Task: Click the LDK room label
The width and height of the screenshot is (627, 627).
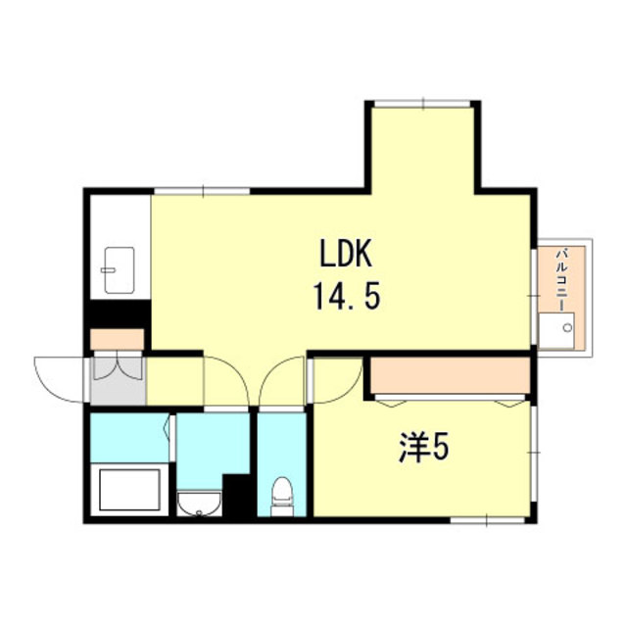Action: [x=346, y=253]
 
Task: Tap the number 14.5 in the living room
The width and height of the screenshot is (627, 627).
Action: [x=346, y=296]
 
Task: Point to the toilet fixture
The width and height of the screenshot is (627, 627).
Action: [x=282, y=497]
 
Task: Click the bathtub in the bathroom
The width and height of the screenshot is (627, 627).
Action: [x=129, y=490]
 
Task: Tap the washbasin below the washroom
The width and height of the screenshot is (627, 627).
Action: [x=199, y=503]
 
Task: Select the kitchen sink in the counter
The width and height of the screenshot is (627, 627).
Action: [x=119, y=270]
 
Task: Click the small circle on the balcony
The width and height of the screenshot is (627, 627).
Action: [x=567, y=328]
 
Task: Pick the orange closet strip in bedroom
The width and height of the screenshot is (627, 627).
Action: [x=451, y=375]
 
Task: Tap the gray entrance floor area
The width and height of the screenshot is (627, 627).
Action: [x=119, y=381]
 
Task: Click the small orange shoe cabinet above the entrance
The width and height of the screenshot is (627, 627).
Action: [x=118, y=340]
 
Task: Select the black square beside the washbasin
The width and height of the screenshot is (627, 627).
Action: [x=236, y=496]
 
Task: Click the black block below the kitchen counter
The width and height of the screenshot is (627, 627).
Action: [x=118, y=313]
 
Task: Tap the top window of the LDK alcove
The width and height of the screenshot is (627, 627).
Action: [x=422, y=104]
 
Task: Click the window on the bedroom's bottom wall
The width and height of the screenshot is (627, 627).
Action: [x=488, y=520]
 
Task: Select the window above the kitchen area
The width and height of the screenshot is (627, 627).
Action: [x=203, y=191]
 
